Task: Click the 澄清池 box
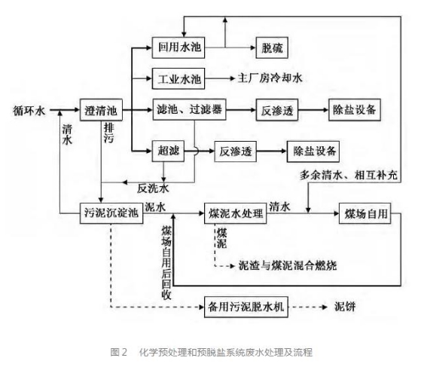click(101, 110)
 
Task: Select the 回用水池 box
click(178, 47)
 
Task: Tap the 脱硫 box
click(272, 47)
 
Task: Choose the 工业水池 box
click(178, 78)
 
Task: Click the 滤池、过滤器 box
click(189, 109)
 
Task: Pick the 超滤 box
click(168, 151)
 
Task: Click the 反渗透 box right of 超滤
click(236, 151)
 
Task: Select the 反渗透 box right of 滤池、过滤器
click(277, 110)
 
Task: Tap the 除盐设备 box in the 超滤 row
click(313, 151)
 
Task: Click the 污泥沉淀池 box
click(111, 213)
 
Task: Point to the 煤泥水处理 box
click(235, 213)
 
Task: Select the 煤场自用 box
click(365, 213)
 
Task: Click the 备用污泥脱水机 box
click(246, 307)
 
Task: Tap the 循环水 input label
click(29, 111)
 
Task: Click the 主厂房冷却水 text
click(270, 78)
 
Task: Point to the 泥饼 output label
click(345, 307)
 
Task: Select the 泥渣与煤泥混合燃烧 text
click(288, 265)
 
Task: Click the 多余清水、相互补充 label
click(349, 175)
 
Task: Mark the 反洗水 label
click(153, 188)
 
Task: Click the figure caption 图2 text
click(118, 352)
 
